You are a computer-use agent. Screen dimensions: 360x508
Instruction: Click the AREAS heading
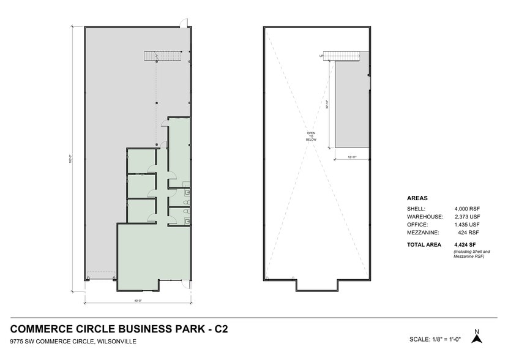coord(417,198)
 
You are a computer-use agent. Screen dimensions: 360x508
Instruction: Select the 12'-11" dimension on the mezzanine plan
coord(352,157)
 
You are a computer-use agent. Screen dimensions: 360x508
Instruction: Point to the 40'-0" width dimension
coord(138,301)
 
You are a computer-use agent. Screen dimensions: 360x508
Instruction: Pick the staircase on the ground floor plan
coord(163,56)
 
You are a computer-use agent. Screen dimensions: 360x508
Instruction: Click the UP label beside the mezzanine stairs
coord(321,56)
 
